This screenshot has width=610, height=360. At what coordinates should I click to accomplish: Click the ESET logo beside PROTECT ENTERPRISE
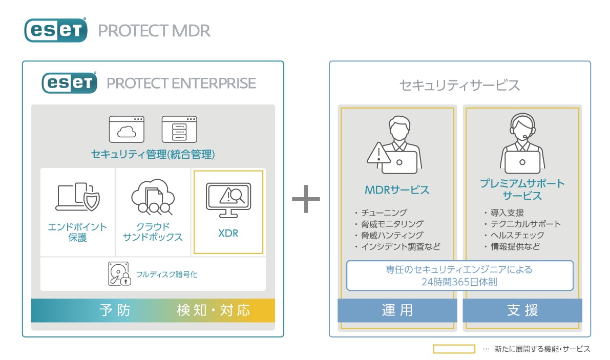click(x=70, y=82)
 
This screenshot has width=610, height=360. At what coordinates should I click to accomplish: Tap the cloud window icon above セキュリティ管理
click(x=127, y=129)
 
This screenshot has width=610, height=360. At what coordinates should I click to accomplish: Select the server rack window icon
click(x=179, y=129)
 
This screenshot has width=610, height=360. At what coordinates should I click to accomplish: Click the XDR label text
click(x=228, y=234)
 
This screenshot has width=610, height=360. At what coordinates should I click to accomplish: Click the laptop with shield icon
click(x=78, y=197)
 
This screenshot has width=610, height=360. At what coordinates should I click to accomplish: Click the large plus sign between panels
click(x=306, y=198)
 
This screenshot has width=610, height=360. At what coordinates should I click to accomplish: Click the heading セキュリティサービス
click(x=459, y=85)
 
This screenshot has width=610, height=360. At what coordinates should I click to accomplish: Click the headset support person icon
click(x=522, y=143)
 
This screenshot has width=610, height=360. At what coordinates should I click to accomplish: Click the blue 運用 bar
click(x=397, y=310)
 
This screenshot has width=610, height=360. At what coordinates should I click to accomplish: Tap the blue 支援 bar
click(x=522, y=310)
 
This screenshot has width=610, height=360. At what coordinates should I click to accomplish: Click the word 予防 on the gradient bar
click(x=115, y=310)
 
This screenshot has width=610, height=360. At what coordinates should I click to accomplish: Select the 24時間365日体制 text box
click(x=459, y=276)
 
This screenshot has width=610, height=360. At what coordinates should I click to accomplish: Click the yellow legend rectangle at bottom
click(x=454, y=349)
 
